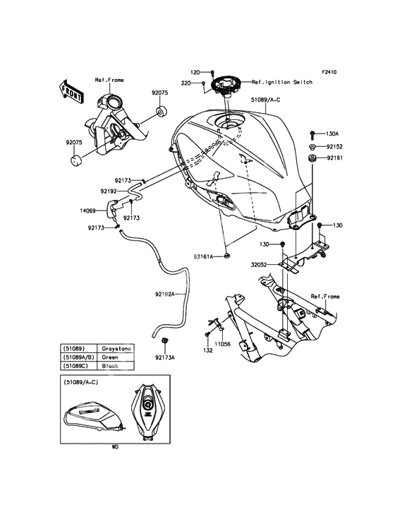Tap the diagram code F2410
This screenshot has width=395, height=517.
(x=329, y=72)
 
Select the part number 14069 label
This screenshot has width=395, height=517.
(x=87, y=210)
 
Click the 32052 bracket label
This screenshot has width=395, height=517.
(x=259, y=264)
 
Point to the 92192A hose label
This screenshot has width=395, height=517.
(x=165, y=294)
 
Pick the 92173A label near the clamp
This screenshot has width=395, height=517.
(x=164, y=357)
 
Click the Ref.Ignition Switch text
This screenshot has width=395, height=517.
(x=282, y=82)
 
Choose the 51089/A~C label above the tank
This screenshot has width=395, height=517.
(x=265, y=100)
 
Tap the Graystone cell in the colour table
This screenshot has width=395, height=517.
(x=116, y=348)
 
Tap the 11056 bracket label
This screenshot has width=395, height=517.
(x=223, y=344)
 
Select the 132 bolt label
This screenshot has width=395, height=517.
(x=208, y=350)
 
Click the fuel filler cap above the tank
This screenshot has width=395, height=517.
(x=225, y=84)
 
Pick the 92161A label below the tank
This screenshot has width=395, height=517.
(x=203, y=256)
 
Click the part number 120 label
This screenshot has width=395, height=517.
(x=195, y=72)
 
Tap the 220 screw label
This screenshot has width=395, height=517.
(x=186, y=83)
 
